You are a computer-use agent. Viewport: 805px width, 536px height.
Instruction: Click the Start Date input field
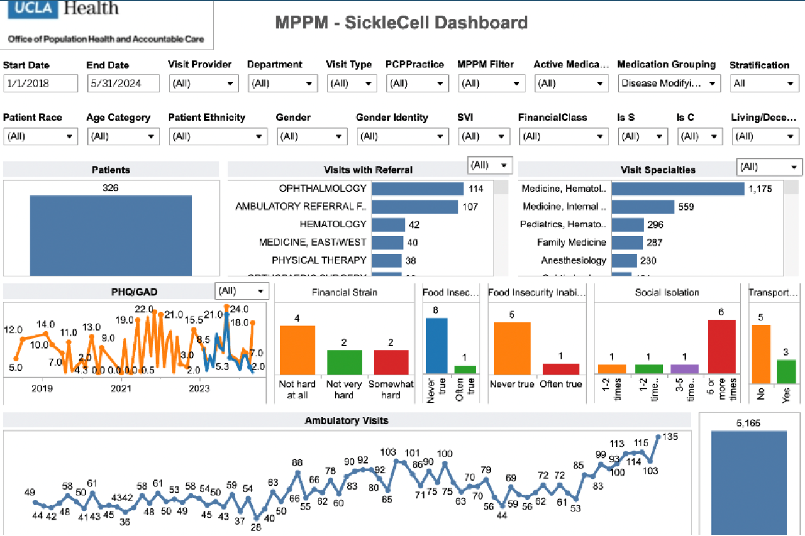pyautogui.click(x=40, y=84)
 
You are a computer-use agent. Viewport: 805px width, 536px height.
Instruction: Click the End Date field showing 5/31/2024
pyautogui.click(x=123, y=84)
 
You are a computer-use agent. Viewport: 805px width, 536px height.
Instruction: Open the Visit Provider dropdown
pyautogui.click(x=203, y=84)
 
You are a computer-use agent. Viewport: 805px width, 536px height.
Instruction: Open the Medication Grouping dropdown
pyautogui.click(x=669, y=84)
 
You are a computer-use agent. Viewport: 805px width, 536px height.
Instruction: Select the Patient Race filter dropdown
pyautogui.click(x=40, y=136)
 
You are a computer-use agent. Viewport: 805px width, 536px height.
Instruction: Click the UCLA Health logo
pyautogui.click(x=63, y=9)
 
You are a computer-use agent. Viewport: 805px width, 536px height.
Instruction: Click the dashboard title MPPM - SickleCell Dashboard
pyautogui.click(x=401, y=23)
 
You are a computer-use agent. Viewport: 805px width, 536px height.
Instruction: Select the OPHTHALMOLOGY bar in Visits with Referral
pyautogui.click(x=418, y=189)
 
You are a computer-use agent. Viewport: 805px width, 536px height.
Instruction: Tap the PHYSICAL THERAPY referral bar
pyautogui.click(x=386, y=261)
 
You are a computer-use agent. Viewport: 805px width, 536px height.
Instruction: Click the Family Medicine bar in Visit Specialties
pyautogui.click(x=627, y=243)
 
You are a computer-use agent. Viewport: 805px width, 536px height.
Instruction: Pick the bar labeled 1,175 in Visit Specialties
pyautogui.click(x=678, y=189)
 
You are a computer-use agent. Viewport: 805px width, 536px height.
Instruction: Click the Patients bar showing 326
pyautogui.click(x=111, y=236)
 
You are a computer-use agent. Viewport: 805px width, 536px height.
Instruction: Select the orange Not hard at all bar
pyautogui.click(x=297, y=350)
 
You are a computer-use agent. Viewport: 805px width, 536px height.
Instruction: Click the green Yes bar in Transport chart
pyautogui.click(x=786, y=371)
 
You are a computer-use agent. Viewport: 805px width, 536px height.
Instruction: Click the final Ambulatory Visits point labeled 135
pyautogui.click(x=658, y=436)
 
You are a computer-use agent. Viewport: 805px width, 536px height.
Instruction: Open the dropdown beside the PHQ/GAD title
pyautogui.click(x=242, y=292)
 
